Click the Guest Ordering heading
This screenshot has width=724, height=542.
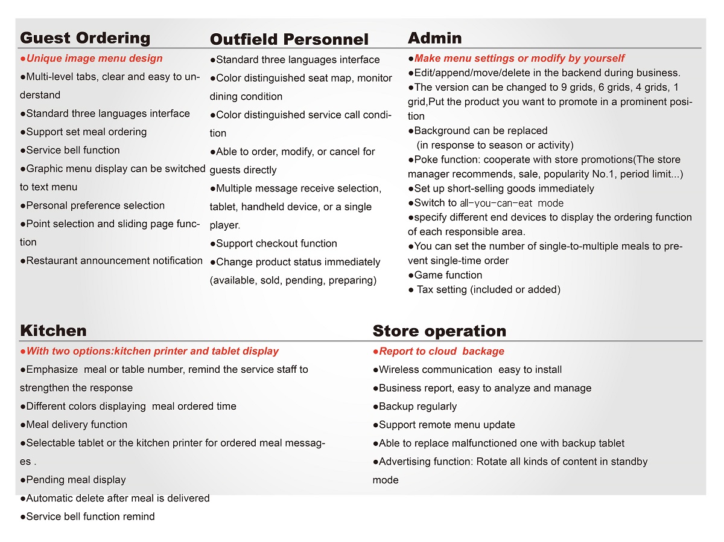coord(85,38)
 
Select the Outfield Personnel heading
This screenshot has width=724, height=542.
coord(289,40)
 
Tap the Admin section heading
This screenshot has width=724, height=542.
coord(435,38)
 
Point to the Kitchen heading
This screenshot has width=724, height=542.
coord(53,331)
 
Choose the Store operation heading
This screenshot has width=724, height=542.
coord(439,331)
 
